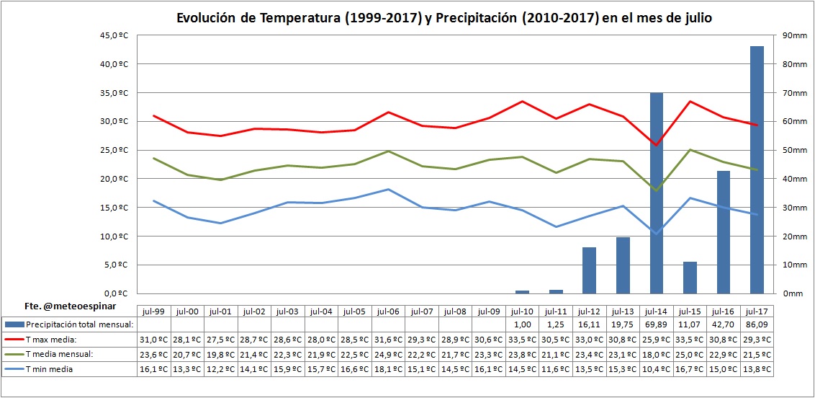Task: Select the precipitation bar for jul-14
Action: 657,193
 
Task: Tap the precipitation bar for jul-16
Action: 724,232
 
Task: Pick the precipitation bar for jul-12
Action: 590,270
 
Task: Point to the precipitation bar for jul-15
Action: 690,278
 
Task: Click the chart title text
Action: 444,18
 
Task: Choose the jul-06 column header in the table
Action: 389,311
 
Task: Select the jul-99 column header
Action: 154,311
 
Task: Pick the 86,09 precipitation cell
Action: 757,325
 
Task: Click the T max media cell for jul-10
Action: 523,340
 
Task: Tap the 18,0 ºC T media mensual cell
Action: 657,354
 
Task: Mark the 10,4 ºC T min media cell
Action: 657,368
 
